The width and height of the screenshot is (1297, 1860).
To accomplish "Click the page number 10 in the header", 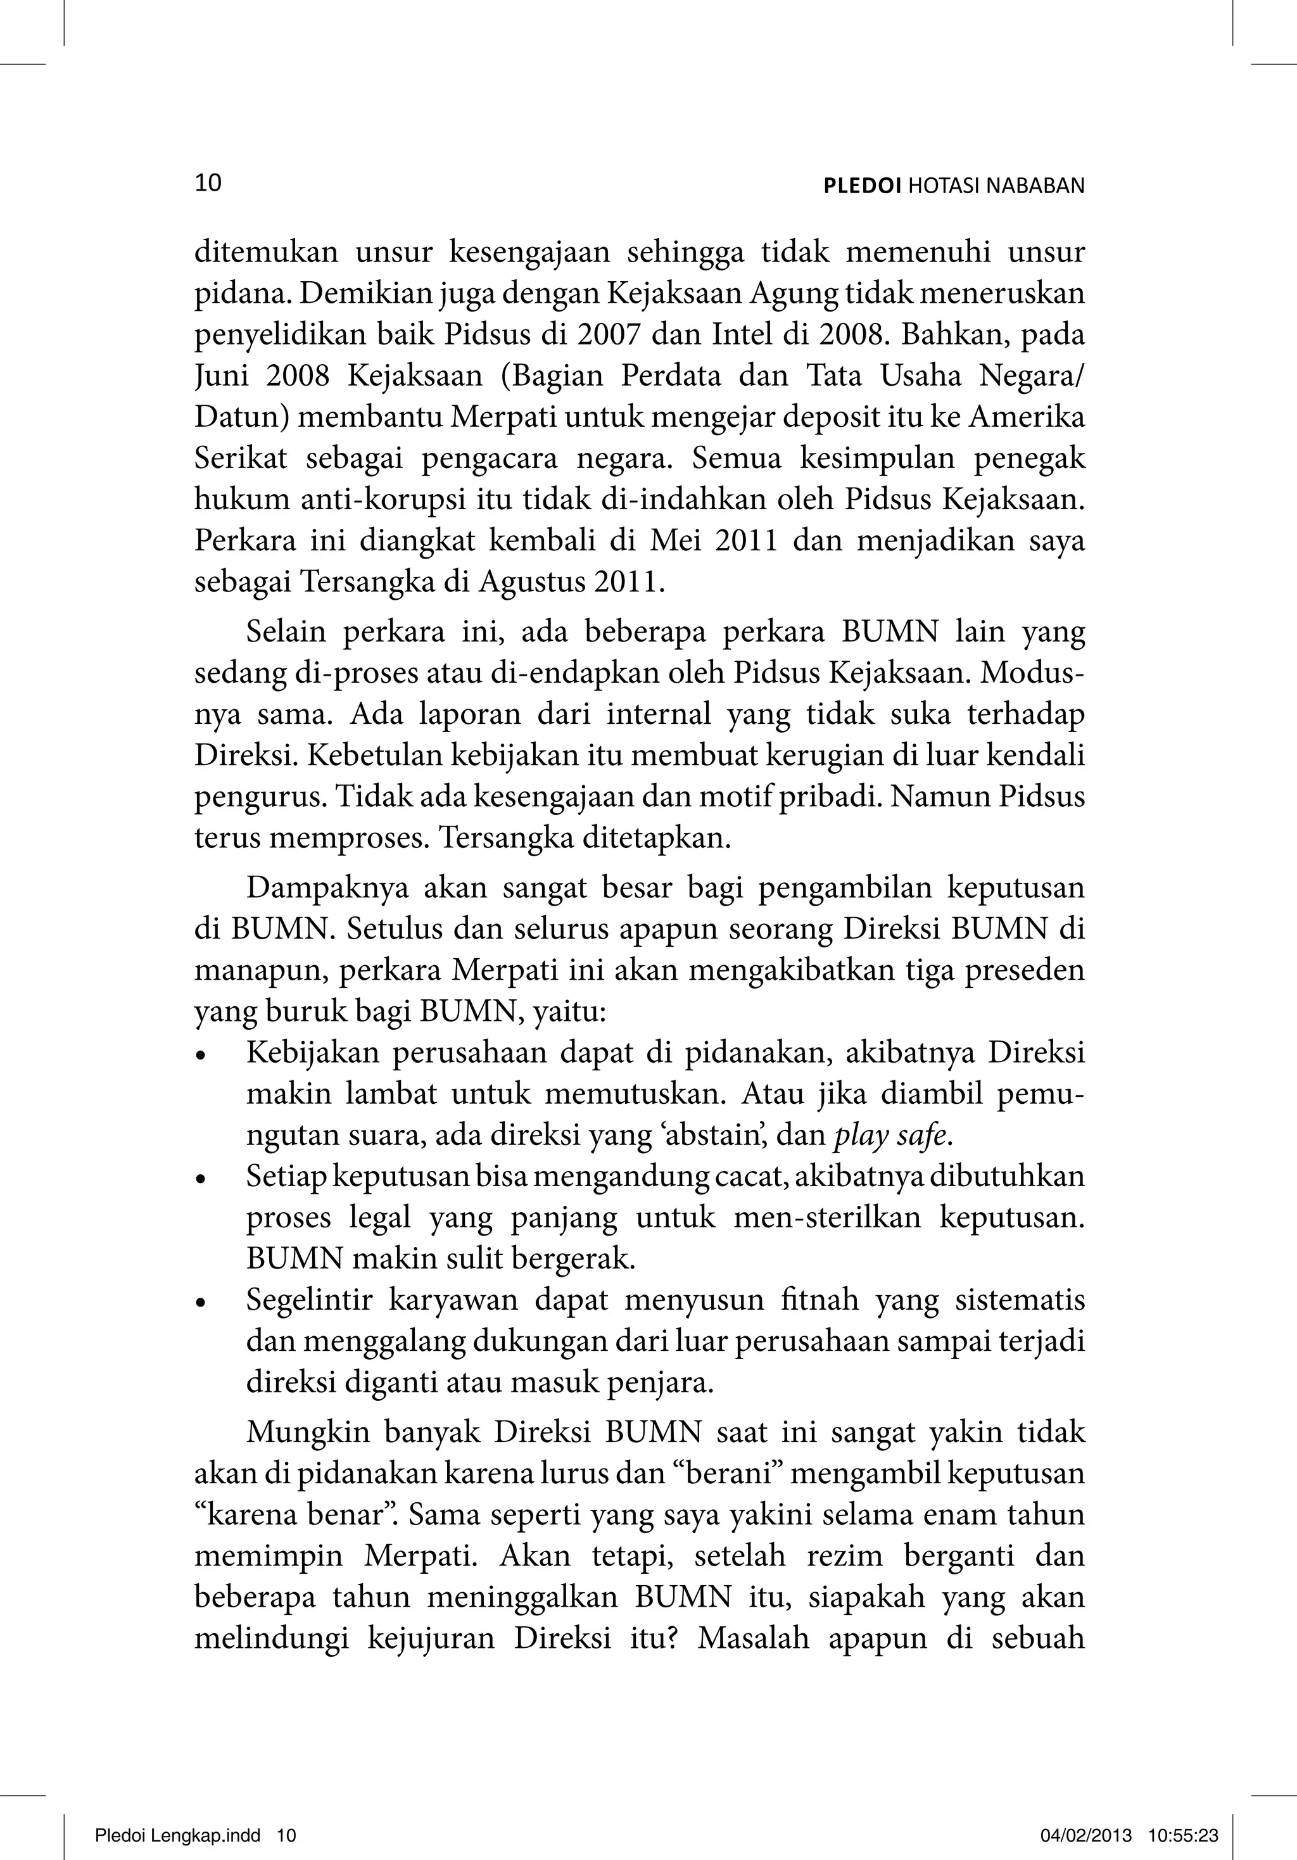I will [208, 183].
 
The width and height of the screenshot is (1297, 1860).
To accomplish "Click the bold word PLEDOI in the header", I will [862, 186].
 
